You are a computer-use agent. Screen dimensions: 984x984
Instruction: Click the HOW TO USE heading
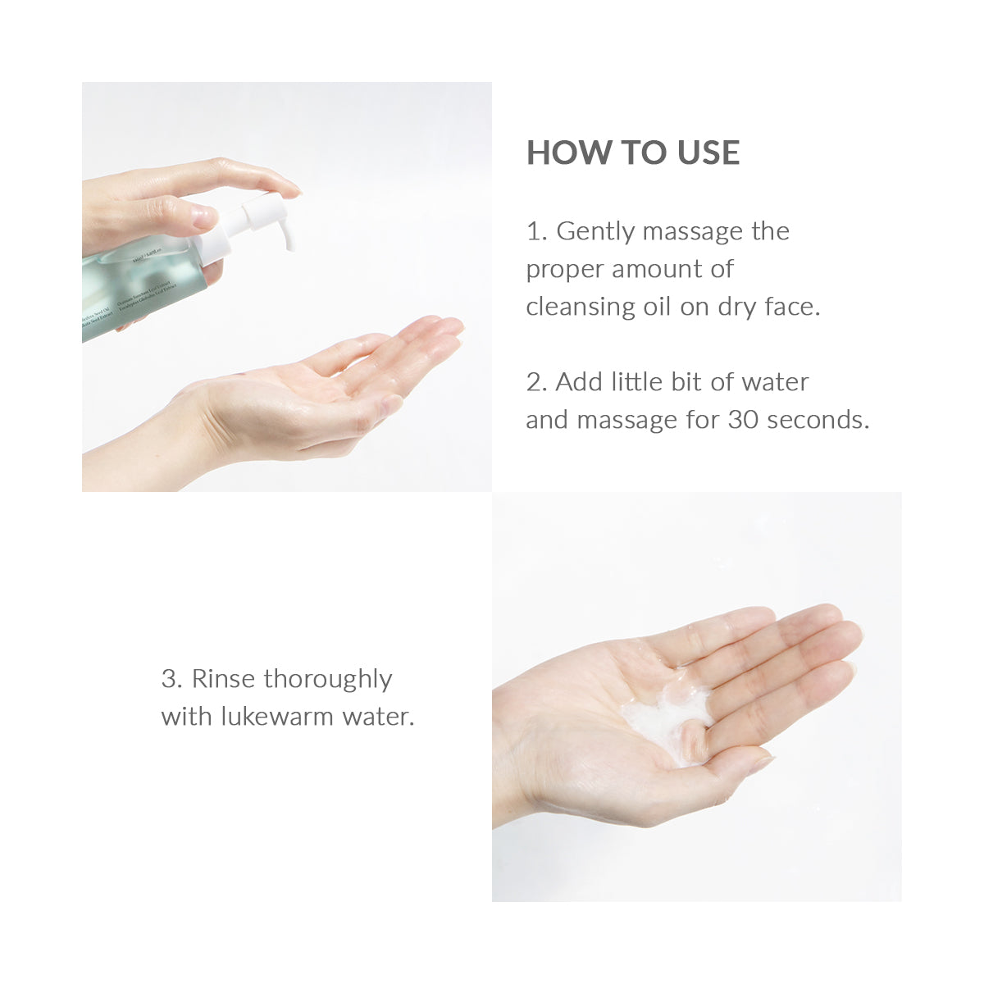pyautogui.click(x=632, y=153)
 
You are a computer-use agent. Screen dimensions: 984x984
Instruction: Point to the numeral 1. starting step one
pyautogui.click(x=535, y=232)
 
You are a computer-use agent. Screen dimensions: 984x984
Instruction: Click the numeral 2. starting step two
pyautogui.click(x=536, y=382)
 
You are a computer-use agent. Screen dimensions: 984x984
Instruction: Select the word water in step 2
pyautogui.click(x=774, y=382)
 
